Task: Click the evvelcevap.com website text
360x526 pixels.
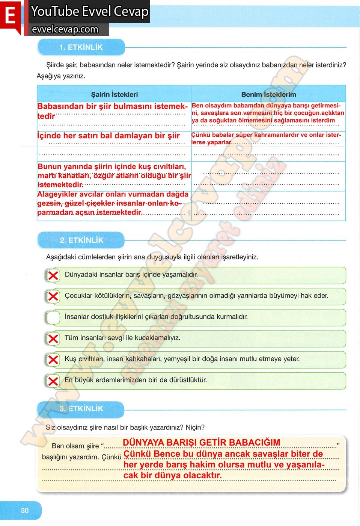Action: (x=65, y=29)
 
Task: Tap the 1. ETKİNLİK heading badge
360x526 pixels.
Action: (x=81, y=47)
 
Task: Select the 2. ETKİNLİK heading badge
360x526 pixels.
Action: (x=81, y=240)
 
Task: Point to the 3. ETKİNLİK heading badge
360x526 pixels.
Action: (x=81, y=409)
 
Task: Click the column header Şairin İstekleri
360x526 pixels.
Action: (x=114, y=95)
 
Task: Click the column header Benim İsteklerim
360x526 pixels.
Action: (x=268, y=95)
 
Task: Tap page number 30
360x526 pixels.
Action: (x=25, y=511)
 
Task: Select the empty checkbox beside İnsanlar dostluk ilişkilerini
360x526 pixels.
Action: (x=53, y=317)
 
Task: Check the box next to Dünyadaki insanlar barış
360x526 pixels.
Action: (x=53, y=275)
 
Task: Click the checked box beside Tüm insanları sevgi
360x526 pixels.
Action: (x=53, y=339)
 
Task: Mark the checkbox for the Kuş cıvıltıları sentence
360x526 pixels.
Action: (x=53, y=360)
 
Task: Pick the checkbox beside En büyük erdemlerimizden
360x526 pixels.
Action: (x=53, y=381)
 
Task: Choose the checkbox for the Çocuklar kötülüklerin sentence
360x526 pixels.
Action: (x=53, y=296)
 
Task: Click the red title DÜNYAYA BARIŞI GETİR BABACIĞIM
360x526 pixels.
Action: (x=201, y=443)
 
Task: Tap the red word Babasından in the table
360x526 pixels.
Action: (x=57, y=106)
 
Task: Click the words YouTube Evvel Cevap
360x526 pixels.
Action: (x=90, y=11)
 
